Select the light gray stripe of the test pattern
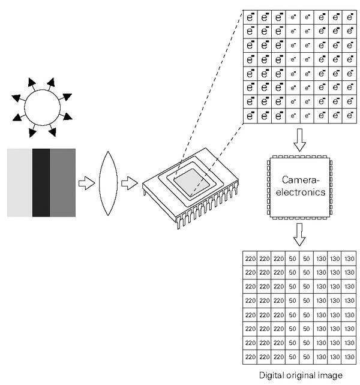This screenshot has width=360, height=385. [x=19, y=182]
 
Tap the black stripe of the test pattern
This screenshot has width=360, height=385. [x=41, y=182]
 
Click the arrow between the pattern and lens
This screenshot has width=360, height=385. [x=88, y=182]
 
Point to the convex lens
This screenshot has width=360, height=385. [x=109, y=182]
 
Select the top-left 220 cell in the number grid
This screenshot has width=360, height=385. [x=251, y=258]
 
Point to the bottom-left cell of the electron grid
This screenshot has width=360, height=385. [x=251, y=115]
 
